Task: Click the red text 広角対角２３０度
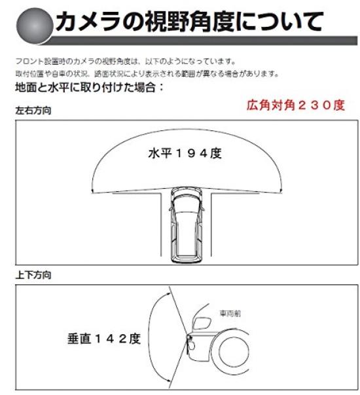(295, 104)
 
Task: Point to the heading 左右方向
(33, 111)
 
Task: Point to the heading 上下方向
(33, 275)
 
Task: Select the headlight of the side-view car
(203, 325)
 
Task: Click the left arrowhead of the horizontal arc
(96, 190)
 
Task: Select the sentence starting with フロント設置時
(124, 61)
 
